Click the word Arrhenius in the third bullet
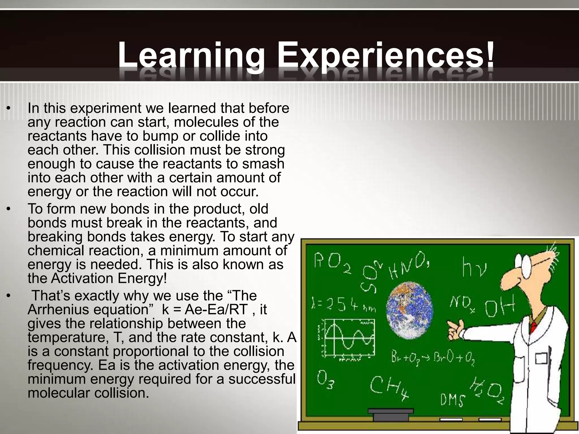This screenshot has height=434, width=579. coord(58,310)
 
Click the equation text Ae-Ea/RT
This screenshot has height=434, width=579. coord(216,310)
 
